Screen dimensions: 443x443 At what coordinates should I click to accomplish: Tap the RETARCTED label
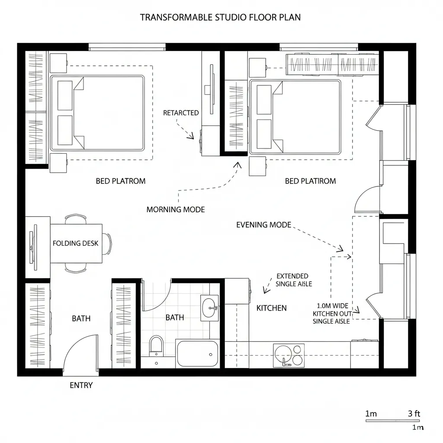pyautogui.click(x=181, y=113)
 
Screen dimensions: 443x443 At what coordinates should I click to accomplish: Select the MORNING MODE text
pyautogui.click(x=175, y=209)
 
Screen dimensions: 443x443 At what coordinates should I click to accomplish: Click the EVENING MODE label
pyautogui.click(x=263, y=225)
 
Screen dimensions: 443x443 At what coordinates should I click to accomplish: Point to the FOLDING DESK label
pyautogui.click(x=76, y=243)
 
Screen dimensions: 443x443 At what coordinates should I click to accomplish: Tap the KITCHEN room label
pyautogui.click(x=271, y=308)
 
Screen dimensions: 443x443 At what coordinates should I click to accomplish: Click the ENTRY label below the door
pyautogui.click(x=81, y=385)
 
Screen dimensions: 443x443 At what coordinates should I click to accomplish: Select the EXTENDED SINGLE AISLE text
pyautogui.click(x=292, y=280)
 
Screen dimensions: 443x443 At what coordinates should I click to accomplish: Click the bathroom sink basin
pyautogui.click(x=210, y=307)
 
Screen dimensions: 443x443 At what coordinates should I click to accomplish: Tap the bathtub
pyautogui.click(x=197, y=354)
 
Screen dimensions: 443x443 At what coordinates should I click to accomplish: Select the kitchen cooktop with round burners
pyautogui.click(x=289, y=355)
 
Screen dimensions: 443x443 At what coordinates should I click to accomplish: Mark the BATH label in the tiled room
pyautogui.click(x=174, y=318)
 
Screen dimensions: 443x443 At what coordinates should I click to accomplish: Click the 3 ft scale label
pyautogui.click(x=414, y=414)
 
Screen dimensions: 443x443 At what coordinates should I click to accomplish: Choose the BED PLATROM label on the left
pyautogui.click(x=120, y=181)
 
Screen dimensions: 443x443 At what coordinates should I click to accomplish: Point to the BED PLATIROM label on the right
pyautogui.click(x=310, y=181)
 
